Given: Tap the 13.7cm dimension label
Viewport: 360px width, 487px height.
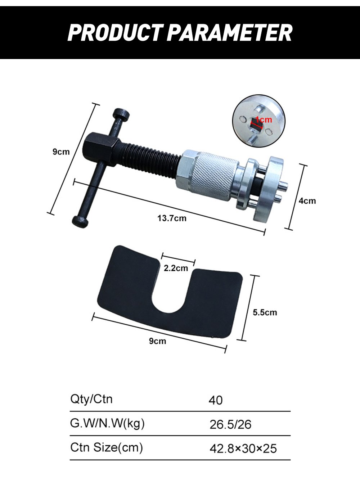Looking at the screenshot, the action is [172, 218].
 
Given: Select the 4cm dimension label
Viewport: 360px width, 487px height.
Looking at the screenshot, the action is [307, 201].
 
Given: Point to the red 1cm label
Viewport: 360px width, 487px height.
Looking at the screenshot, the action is [264, 120].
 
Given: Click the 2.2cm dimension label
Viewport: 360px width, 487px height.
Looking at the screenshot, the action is [176, 268].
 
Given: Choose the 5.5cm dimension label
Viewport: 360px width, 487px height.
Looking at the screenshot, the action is [265, 312].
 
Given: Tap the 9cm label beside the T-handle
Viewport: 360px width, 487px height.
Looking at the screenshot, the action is [61, 152].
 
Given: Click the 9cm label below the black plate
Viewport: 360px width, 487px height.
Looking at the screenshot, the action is [157, 341].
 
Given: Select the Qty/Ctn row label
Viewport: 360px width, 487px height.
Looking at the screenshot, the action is [91, 399].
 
